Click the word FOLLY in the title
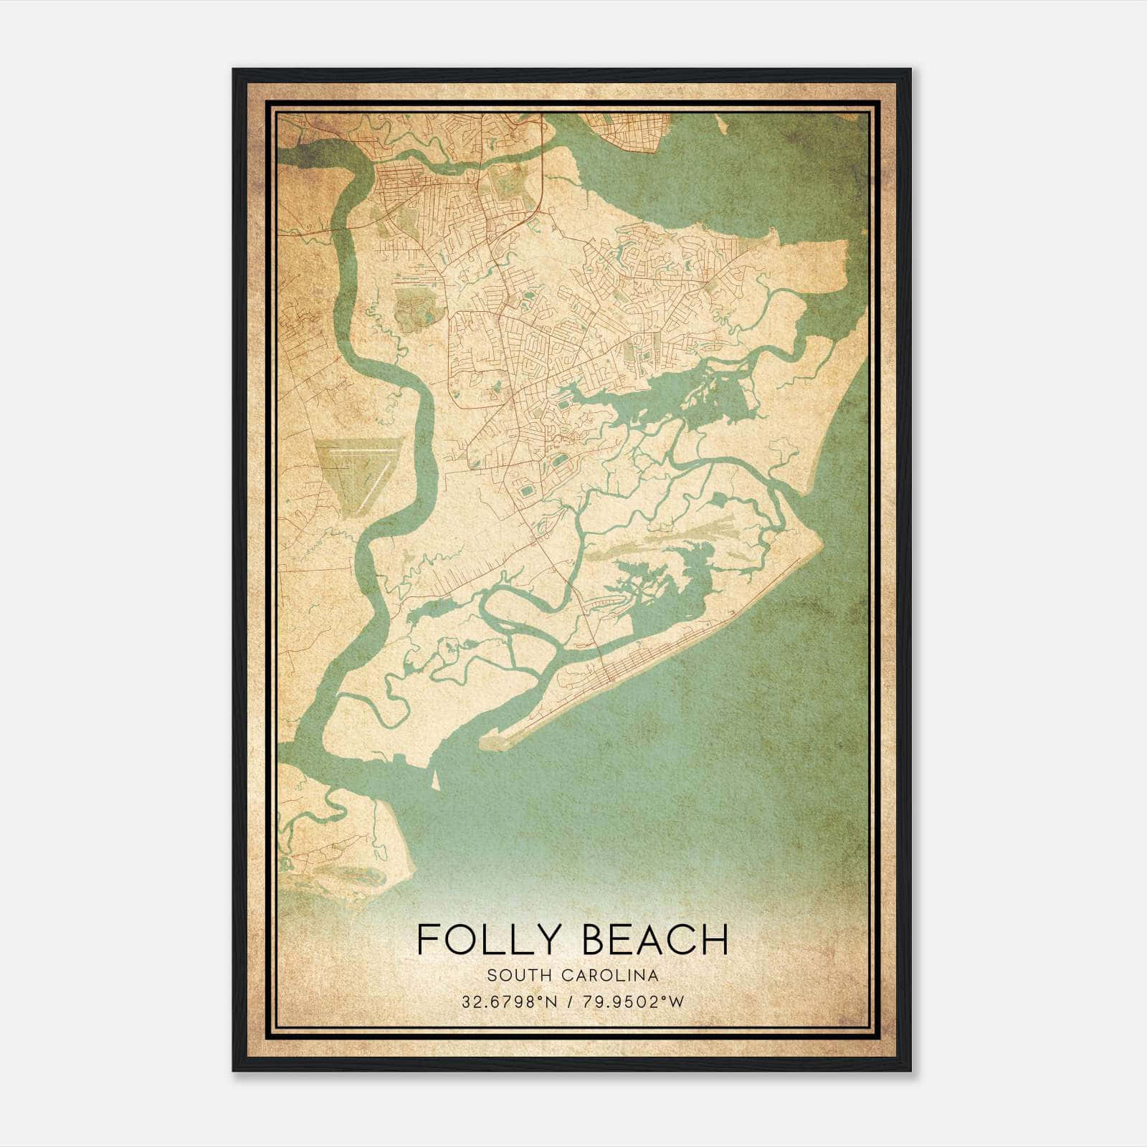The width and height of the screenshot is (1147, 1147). pos(487,940)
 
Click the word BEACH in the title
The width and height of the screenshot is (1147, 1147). pos(653,940)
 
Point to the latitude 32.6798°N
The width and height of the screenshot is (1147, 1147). pos(508,1001)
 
